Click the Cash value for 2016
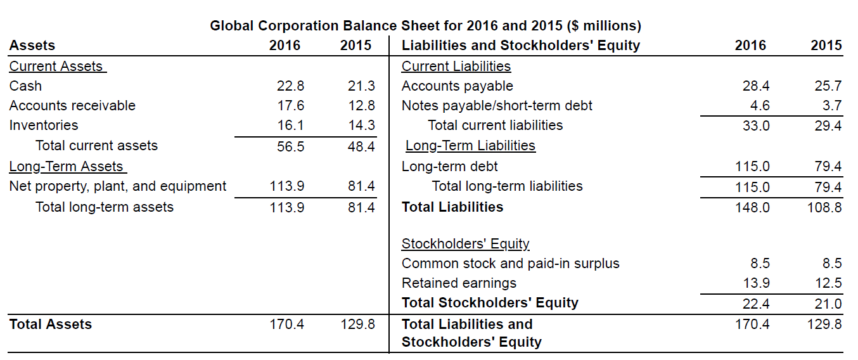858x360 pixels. coord(290,86)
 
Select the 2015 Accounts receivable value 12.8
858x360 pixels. coord(361,105)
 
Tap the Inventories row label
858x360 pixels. coord(44,125)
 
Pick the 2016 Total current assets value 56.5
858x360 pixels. coord(290,146)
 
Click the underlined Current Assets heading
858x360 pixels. coord(57,66)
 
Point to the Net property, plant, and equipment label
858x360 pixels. coord(117,186)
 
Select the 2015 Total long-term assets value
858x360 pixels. coord(361,207)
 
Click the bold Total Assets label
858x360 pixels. coord(50,325)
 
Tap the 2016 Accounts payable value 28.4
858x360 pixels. coord(756,86)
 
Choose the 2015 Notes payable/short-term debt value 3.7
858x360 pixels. coord(832,105)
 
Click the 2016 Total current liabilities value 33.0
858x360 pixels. coord(756,125)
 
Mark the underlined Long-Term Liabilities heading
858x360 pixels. coord(470,146)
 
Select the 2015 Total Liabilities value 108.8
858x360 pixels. coord(824,207)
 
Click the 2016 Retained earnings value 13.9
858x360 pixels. coord(756,283)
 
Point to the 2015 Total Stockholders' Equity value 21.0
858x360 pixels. coord(828,304)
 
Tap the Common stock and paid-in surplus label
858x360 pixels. coord(510,264)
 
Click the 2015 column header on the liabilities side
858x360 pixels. coord(826,46)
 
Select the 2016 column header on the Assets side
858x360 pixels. coord(285,46)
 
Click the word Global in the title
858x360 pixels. coord(231,26)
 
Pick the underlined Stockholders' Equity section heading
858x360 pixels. coord(465,244)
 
